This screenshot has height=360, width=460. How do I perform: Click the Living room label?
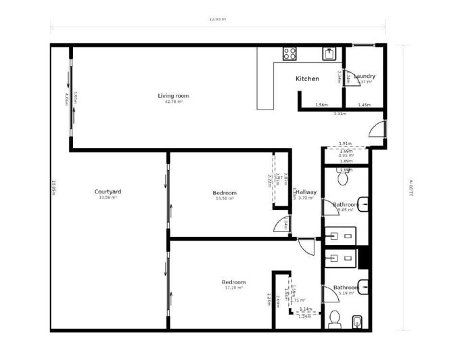pyautogui.click(x=173, y=95)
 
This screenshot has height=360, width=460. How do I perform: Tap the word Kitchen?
pyautogui.click(x=307, y=78)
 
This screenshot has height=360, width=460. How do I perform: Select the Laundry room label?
pyautogui.click(x=365, y=76)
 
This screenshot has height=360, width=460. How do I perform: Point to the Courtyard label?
pyautogui.click(x=108, y=192)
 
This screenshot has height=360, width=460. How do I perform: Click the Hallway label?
pyautogui.click(x=306, y=192)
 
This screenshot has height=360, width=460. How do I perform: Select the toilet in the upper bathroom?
pyautogui.click(x=343, y=179)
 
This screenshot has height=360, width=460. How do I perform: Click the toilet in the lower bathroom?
pyautogui.click(x=333, y=319)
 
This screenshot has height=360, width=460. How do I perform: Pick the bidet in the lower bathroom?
pyautogui.click(x=356, y=319)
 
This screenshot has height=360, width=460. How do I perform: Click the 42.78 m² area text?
pyautogui.click(x=173, y=102)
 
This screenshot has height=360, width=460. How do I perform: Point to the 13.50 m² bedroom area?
pyautogui.click(x=225, y=198)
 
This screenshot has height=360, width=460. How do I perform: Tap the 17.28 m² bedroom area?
pyautogui.click(x=233, y=288)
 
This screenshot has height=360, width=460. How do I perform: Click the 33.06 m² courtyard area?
pyautogui.click(x=108, y=198)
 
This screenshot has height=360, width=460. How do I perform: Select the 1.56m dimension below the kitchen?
pyautogui.click(x=321, y=105)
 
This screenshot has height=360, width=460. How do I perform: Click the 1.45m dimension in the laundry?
pyautogui.click(x=364, y=105)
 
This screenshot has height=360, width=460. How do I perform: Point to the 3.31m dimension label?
pyautogui.click(x=340, y=113)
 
